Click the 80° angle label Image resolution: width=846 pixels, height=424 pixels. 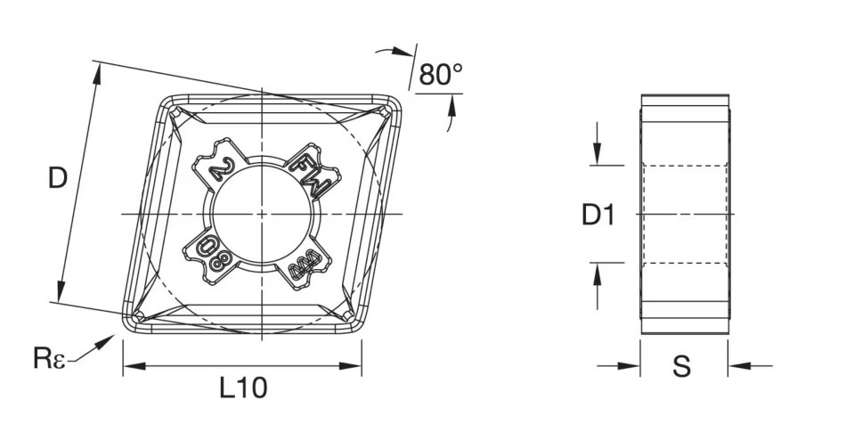[441, 75]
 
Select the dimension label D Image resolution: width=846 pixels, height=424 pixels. [57, 179]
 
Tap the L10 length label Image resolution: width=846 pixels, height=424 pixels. [242, 387]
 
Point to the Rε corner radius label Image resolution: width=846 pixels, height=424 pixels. [48, 359]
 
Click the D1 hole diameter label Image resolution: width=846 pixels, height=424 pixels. [598, 215]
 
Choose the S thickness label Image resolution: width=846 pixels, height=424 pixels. [682, 366]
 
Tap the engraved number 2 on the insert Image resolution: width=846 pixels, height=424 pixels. [219, 168]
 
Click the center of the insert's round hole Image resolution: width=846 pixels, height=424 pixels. [264, 214]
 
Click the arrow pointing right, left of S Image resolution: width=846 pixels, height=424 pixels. [633, 365]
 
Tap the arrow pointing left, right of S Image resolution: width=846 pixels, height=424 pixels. [736, 365]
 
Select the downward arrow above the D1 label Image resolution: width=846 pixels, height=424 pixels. [598, 157]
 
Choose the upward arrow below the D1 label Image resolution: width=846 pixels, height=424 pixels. [598, 272]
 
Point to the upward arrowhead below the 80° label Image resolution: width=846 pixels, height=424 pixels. [451, 104]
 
